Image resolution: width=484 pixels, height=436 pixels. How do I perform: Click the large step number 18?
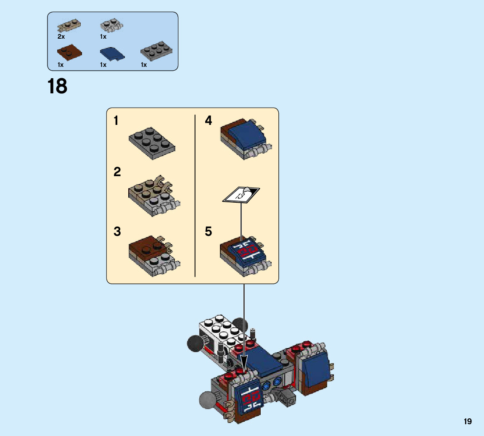tap(58, 86)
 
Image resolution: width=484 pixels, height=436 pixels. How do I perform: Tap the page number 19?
tap(468, 421)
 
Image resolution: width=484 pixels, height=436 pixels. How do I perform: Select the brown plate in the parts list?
tap(69, 52)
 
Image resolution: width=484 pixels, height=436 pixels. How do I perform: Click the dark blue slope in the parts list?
tap(111, 53)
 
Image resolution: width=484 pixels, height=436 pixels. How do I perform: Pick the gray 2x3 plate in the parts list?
tap(156, 52)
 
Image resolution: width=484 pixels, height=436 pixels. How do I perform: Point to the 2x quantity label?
tap(61, 37)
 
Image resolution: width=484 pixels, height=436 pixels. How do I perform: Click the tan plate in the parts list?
tap(69, 26)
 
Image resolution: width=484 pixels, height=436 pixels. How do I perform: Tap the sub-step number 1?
tap(116, 121)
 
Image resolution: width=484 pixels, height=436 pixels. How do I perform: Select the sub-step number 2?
tap(117, 172)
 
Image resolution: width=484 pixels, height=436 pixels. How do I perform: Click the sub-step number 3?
tap(117, 232)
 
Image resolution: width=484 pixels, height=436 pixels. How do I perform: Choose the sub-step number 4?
tap(209, 121)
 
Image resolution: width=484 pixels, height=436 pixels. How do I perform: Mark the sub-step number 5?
tap(209, 232)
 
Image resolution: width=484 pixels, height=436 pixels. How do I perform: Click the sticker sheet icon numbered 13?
tap(241, 195)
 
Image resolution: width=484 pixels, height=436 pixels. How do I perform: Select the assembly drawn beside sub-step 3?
tap(153, 255)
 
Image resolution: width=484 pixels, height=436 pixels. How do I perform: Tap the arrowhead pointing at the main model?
tap(244, 365)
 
